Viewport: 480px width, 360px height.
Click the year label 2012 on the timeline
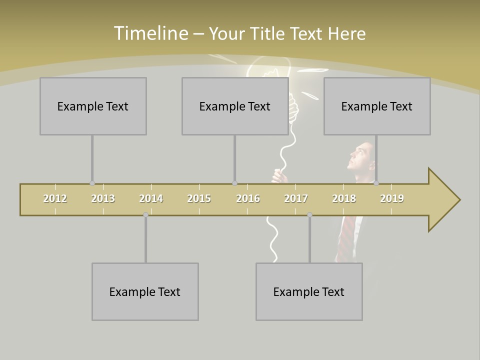(55, 198)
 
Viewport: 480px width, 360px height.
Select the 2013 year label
(103, 198)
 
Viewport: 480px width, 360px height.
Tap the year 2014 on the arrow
(151, 198)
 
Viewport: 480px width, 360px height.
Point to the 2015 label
(199, 198)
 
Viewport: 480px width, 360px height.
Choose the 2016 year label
(248, 198)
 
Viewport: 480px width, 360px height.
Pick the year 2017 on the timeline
(296, 198)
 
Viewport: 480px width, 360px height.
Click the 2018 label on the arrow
(344, 198)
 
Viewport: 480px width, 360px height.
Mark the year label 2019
(392, 198)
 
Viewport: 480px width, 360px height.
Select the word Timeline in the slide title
(150, 33)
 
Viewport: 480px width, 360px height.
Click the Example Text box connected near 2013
(93, 106)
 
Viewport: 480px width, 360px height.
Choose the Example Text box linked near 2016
(235, 106)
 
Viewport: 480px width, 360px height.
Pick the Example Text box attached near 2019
(377, 106)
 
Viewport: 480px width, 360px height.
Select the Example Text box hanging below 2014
(145, 291)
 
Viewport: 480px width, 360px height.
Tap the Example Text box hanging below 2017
(309, 291)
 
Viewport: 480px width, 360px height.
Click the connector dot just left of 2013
(92, 183)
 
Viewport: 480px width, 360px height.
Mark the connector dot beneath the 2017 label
(309, 215)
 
